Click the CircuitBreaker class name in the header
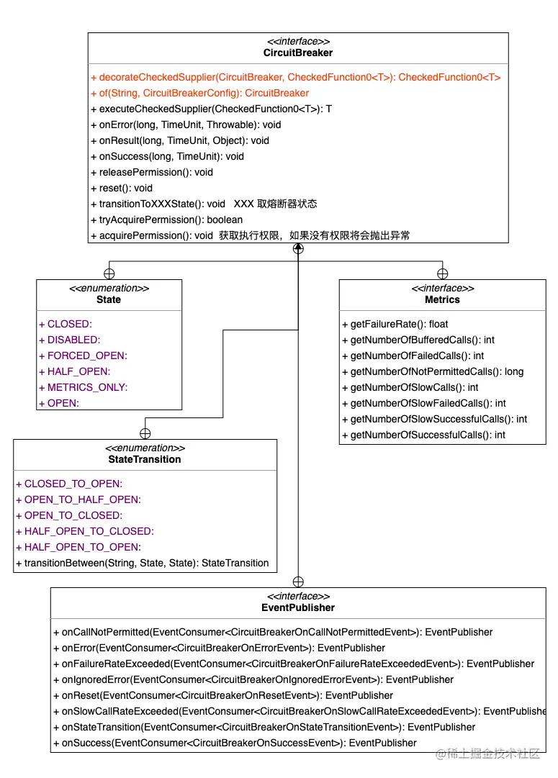pos(298,53)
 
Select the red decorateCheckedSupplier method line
pos(295,77)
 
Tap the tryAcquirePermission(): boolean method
pos(166,220)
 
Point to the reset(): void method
pos(122,188)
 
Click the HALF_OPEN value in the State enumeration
pos(74,371)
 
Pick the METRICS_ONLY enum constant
pos(83,387)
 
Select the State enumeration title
pos(109,299)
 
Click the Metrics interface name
pos(442,299)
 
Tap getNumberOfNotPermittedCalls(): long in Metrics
pos(432,371)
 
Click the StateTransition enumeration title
pos(145,459)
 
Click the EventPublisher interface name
pos(298,607)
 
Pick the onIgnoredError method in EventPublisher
pos(253,679)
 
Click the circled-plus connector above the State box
pos(109,273)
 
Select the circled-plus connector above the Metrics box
pos(442,273)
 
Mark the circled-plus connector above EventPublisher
pos(298,582)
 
